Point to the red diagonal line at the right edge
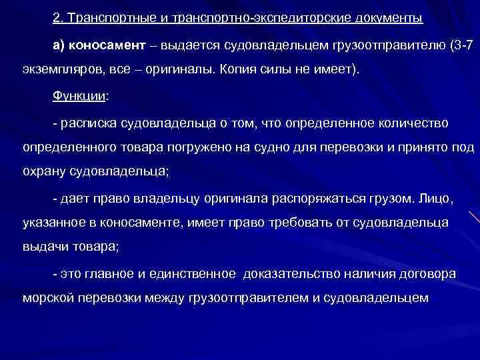point(475,217)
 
